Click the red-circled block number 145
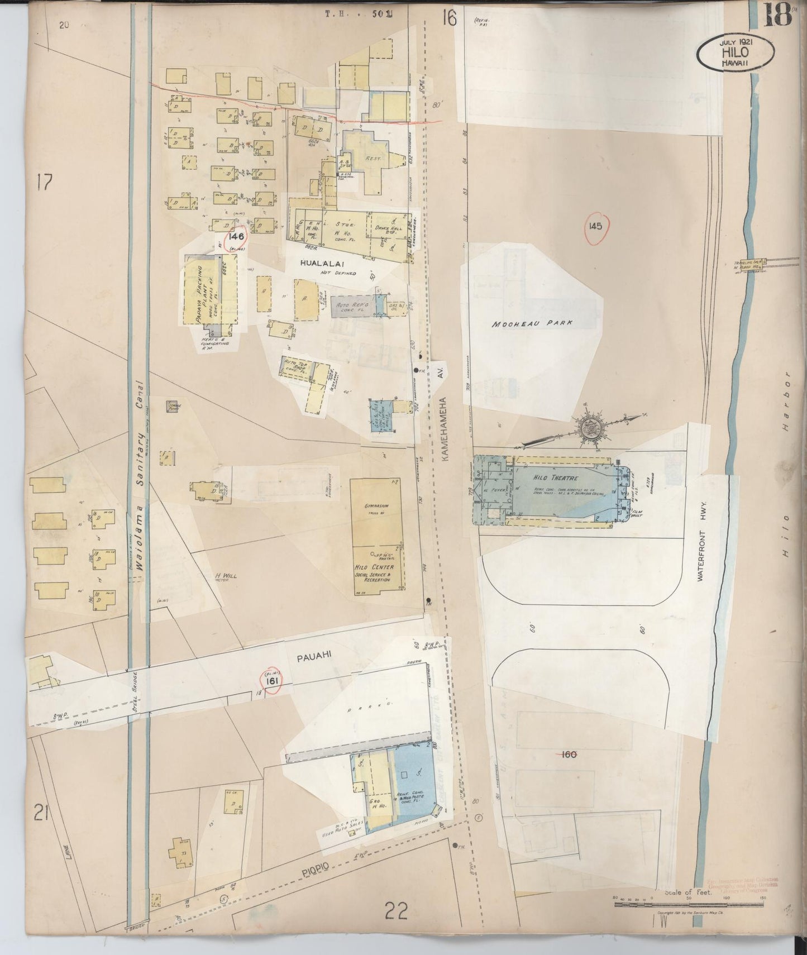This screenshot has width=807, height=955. [x=594, y=226]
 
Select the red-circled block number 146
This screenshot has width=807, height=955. [x=239, y=237]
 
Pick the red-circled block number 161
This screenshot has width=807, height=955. [x=272, y=681]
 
